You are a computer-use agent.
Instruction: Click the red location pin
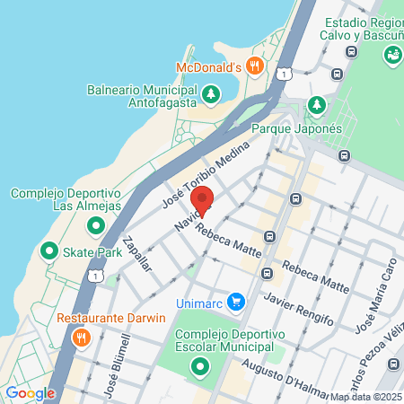click(x=203, y=202)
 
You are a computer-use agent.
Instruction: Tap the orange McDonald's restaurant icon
click(x=255, y=65)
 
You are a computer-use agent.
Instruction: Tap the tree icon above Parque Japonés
click(x=316, y=105)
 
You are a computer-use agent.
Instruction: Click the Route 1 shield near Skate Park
click(x=94, y=276)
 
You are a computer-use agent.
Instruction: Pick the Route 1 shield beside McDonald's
click(x=284, y=72)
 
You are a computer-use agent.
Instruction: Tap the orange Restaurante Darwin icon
click(x=81, y=338)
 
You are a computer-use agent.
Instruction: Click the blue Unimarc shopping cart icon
click(x=235, y=302)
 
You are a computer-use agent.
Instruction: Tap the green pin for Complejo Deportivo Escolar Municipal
click(x=201, y=366)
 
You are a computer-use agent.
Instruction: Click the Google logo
click(x=30, y=392)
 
